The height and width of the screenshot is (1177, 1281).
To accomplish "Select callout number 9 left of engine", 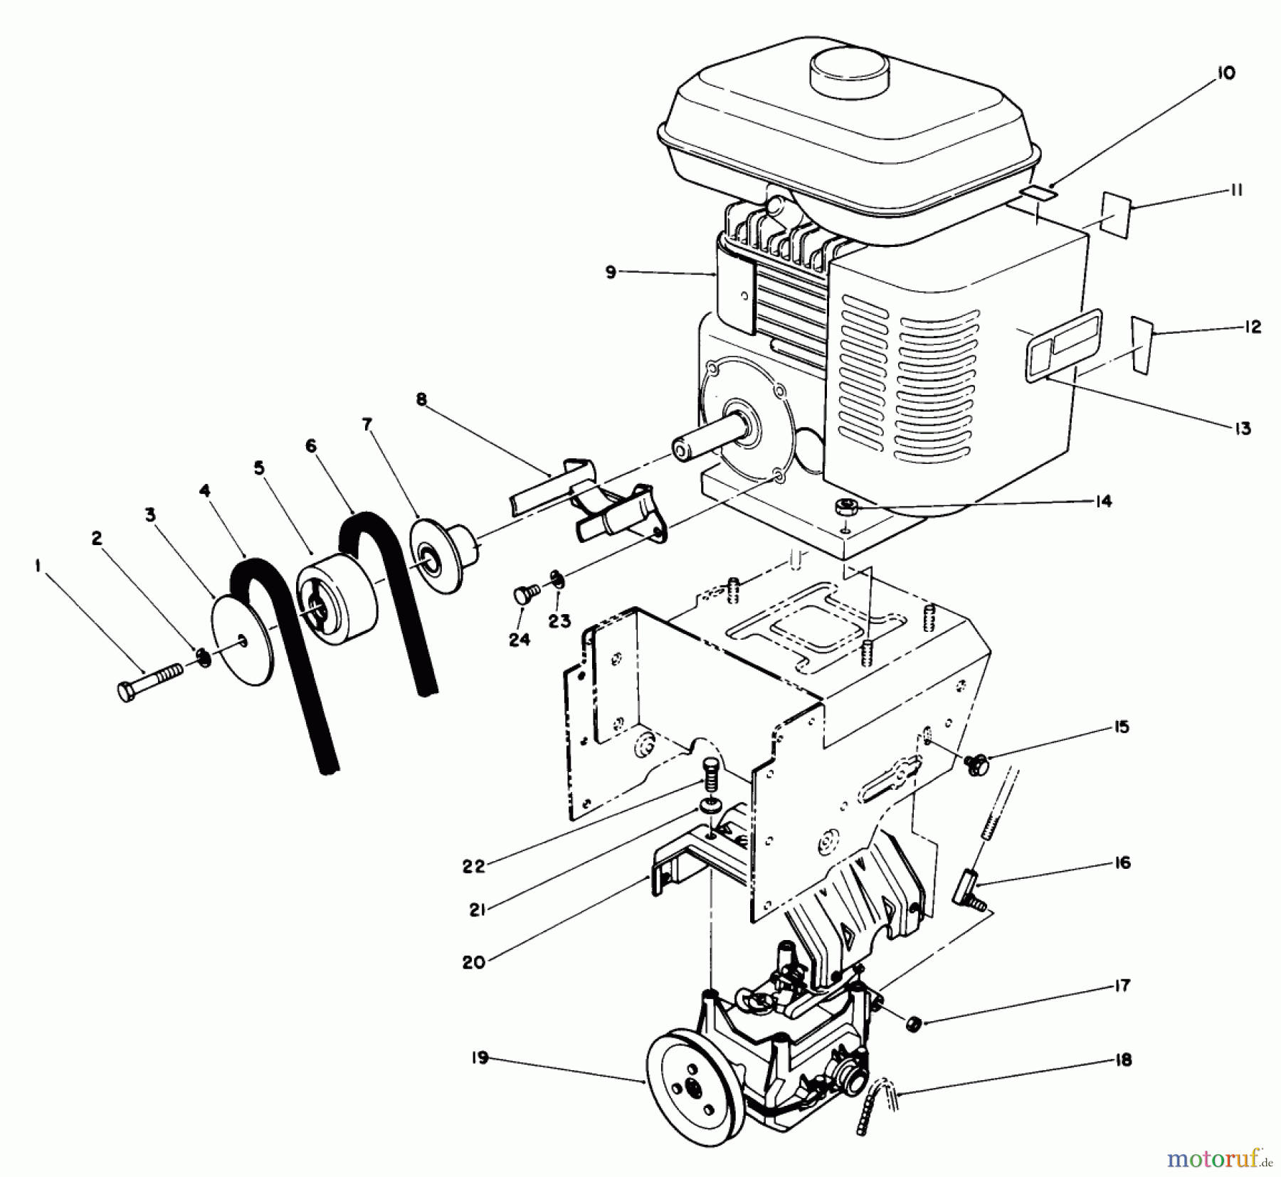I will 611,272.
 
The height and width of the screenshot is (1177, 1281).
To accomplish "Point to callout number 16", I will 1122,863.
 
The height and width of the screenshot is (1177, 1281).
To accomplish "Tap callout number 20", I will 473,962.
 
